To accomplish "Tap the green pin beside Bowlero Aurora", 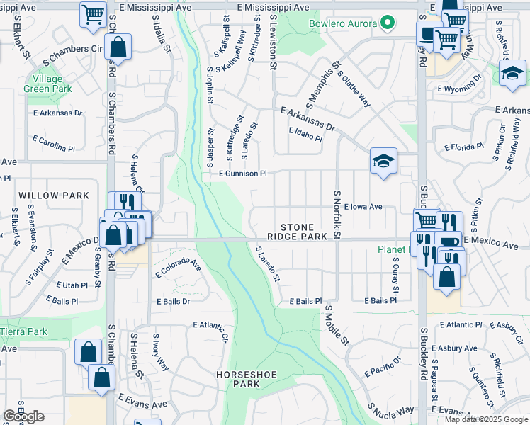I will click(387, 23).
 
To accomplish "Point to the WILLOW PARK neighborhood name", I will click(54, 195).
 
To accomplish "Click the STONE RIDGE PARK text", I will click(297, 231).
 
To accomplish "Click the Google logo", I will click(23, 416).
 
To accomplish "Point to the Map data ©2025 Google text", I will click(485, 419).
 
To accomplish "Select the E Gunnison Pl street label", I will click(242, 173).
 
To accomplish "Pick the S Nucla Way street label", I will click(390, 410).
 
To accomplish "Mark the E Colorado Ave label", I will click(179, 266).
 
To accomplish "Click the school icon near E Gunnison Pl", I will click(383, 163).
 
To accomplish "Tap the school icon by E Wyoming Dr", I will click(512, 72).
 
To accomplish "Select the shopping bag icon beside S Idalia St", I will click(118, 48).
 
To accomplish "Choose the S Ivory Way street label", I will click(161, 354).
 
